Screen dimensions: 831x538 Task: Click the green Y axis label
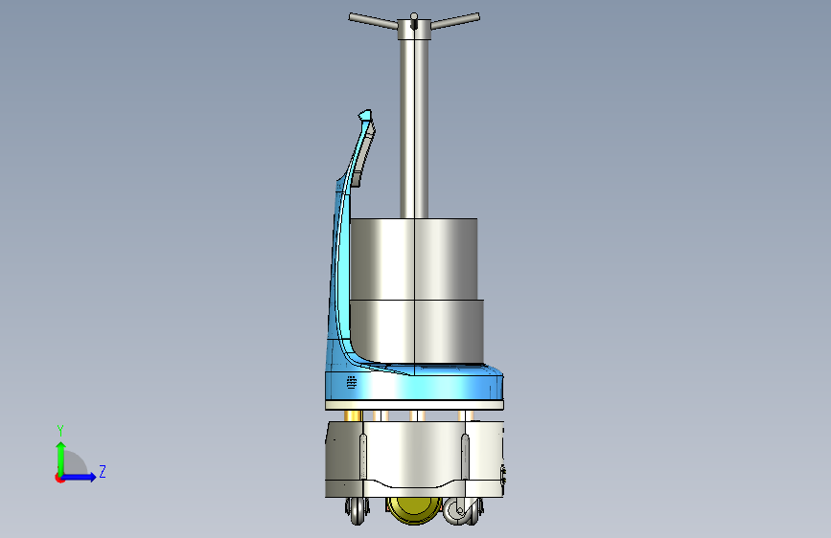[x=60, y=431]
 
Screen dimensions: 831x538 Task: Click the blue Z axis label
[x=103, y=471]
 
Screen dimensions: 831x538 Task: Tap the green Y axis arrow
[x=61, y=459]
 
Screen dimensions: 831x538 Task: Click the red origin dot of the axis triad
[x=59, y=478]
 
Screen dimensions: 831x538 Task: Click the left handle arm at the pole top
[x=373, y=22]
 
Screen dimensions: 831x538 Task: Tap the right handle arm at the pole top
[x=455, y=21]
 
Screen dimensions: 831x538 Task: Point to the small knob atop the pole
[x=414, y=16]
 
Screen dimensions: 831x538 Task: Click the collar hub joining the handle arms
[x=414, y=30]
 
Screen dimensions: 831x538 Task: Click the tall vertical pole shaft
[x=414, y=128]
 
